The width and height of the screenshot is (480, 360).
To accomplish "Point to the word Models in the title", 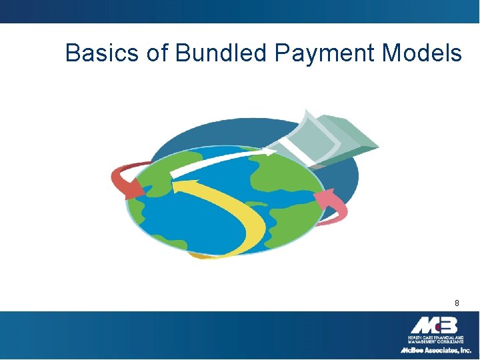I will pyautogui.click(x=423, y=53).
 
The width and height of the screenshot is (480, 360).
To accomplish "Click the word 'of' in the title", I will pyautogui.click(x=157, y=53).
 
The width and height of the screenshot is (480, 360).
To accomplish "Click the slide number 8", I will pyautogui.click(x=457, y=303).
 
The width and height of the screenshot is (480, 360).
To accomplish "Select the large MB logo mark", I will pyautogui.click(x=434, y=325).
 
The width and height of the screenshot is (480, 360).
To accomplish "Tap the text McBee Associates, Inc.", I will pyautogui.click(x=435, y=349).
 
